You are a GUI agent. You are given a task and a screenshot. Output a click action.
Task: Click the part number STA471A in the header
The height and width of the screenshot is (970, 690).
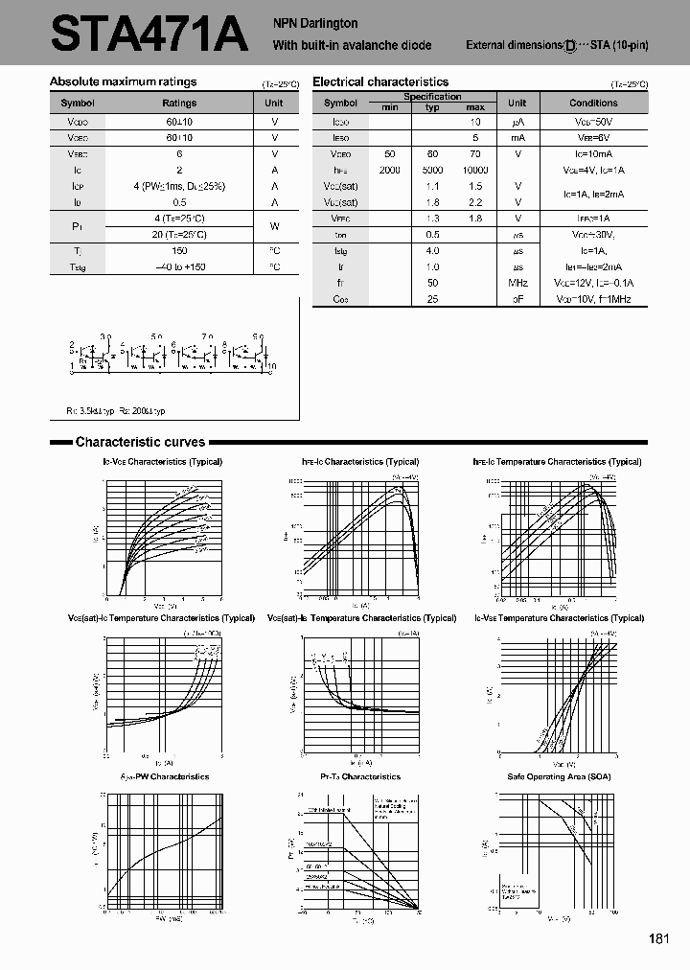(148, 35)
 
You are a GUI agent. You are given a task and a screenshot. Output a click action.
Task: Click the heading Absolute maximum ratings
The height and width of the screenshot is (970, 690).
(123, 82)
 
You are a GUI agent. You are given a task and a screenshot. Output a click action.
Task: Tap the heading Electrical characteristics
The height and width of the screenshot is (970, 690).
(380, 82)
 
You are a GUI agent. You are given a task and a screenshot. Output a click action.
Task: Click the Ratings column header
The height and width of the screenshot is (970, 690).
(179, 103)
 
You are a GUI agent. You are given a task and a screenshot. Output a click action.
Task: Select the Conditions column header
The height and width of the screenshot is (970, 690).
(593, 103)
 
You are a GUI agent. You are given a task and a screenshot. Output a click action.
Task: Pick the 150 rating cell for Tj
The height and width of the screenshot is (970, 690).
(179, 250)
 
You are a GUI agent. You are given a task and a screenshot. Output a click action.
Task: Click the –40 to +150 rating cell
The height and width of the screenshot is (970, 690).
(179, 266)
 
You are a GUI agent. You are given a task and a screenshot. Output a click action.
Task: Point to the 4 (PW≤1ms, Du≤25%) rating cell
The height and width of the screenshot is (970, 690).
(179, 186)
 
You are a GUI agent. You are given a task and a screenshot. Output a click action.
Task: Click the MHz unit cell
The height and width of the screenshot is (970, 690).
(517, 284)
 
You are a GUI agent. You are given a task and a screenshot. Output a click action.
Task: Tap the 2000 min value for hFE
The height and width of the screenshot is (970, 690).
(389, 170)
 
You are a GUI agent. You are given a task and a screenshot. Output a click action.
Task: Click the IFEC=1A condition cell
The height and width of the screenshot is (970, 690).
(593, 219)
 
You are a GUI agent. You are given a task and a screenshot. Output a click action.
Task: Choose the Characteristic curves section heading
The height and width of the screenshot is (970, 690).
(140, 442)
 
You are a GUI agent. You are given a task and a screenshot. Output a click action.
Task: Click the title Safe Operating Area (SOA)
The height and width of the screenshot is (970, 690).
(558, 776)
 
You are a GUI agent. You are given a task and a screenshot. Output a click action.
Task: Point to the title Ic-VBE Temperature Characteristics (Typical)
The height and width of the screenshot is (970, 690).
(558, 619)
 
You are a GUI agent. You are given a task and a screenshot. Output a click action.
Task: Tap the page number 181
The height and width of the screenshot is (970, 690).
(658, 938)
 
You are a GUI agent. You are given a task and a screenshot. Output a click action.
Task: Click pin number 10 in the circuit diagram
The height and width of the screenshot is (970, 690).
(272, 366)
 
